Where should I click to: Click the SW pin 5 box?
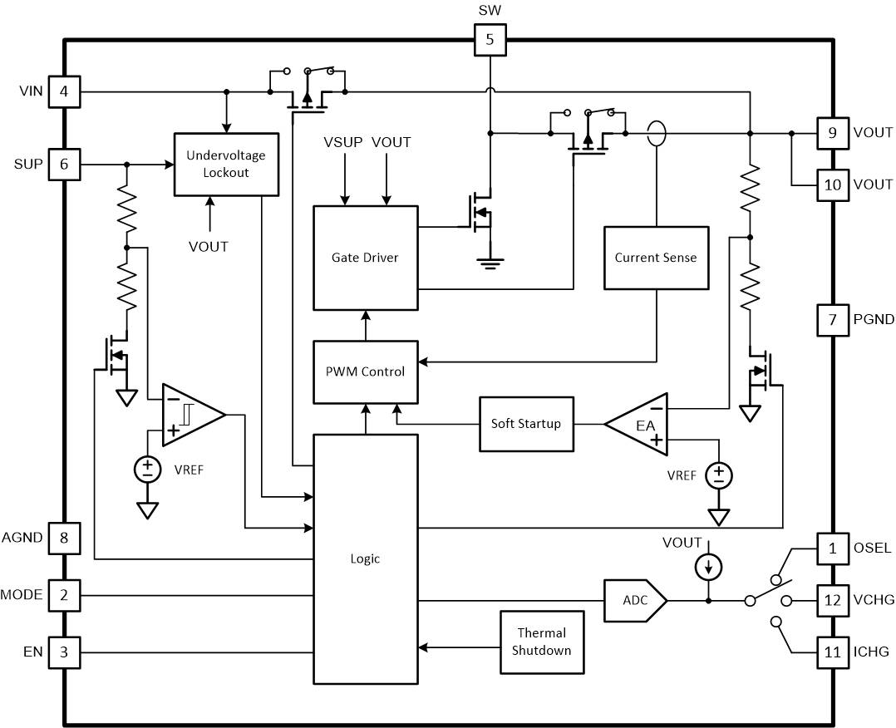[x=490, y=39]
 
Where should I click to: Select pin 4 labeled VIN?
[x=64, y=91]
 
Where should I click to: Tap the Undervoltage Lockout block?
[x=226, y=165]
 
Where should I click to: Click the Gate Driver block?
[x=365, y=258]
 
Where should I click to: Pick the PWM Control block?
[x=365, y=372]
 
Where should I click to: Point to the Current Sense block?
[x=656, y=258]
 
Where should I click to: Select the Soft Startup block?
[x=525, y=424]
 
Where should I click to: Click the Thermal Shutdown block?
[x=542, y=642]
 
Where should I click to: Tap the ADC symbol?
[x=635, y=601]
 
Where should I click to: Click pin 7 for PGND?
[x=833, y=320]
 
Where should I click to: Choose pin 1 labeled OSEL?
[x=833, y=548]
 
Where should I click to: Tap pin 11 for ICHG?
[x=833, y=652]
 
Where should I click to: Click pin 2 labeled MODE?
[x=64, y=595]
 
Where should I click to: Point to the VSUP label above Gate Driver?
[x=342, y=142]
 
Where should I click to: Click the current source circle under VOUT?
[x=708, y=568]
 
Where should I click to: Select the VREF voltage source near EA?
[x=719, y=475]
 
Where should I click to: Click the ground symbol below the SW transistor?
[x=490, y=263]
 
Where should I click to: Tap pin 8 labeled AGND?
[x=64, y=539]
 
